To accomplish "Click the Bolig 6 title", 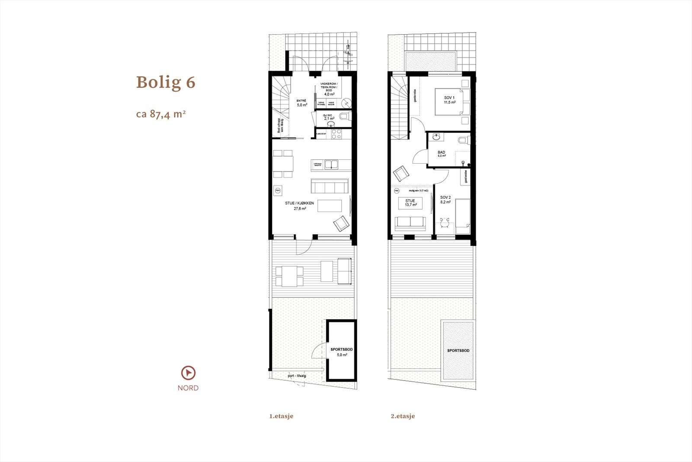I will pos(166,82).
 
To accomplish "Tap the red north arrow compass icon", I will pos(188,373).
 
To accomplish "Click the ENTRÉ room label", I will pos(301,103).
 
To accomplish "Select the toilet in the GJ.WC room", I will pos(344,116).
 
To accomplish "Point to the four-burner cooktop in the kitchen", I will pos(336,134).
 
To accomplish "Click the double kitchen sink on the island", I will pos(331,164).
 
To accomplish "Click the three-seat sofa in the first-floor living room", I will pos(330,186).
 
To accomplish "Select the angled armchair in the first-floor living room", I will pos(341,223).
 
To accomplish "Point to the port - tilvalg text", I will pos(297,376).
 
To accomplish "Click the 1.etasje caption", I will pos(281,416).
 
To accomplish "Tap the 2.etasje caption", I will pos(403,416).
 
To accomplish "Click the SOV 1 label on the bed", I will pos(449,100).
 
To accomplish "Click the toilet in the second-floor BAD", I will pos(463,139).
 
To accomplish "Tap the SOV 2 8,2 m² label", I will pos(445,200).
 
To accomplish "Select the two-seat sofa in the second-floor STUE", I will pos(410,221).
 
